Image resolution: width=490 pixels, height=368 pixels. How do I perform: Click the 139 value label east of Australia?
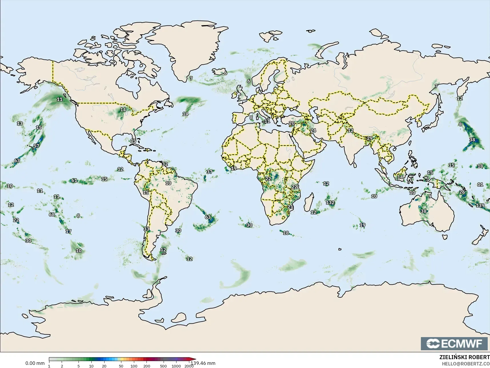click(480, 205)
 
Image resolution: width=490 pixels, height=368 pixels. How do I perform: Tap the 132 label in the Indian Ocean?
click(330, 202)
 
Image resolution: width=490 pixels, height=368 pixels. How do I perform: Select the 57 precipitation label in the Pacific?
click(36, 146)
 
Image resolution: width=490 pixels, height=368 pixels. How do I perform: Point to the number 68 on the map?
click(52, 214)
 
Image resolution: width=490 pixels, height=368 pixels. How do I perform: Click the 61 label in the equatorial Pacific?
click(74, 180)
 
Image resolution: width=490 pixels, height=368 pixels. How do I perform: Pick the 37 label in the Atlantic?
click(210, 172)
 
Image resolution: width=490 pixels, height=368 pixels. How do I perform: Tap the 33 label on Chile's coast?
click(146, 229)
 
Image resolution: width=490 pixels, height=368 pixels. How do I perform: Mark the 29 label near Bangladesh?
click(370, 138)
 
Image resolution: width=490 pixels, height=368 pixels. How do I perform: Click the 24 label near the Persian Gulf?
click(313, 130)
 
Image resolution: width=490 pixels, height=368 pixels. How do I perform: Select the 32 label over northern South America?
click(165, 164)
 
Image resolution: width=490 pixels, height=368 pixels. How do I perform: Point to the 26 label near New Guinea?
click(462, 192)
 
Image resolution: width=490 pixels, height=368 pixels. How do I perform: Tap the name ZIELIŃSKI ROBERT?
click(465, 357)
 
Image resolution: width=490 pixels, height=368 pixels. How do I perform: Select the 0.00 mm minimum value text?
click(35, 363)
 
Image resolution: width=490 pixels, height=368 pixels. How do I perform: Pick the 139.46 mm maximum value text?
click(203, 363)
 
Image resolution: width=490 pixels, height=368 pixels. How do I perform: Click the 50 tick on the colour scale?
click(121, 366)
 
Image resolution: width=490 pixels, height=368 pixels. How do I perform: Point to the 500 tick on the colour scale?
click(163, 366)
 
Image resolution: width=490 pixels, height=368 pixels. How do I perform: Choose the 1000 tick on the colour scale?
click(176, 366)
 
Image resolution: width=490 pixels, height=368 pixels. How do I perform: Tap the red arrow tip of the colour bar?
click(195, 359)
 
